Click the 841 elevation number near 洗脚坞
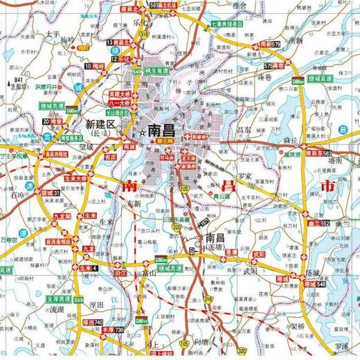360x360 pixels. [18, 81]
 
